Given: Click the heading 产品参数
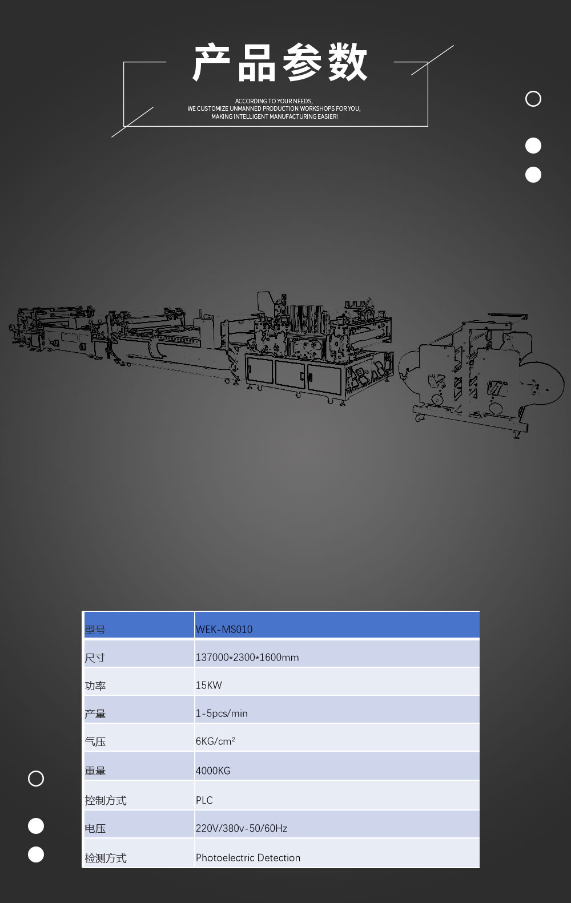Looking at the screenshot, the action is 280,62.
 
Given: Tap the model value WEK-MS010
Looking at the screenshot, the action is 224,629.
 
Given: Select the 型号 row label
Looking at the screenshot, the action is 95,630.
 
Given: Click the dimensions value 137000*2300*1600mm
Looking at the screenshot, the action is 247,658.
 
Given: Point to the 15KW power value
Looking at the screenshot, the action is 208,686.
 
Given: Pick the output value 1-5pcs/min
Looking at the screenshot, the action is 222,713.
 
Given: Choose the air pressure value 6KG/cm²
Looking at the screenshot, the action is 215,741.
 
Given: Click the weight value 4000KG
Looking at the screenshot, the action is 213,771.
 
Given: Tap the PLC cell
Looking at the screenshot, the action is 204,800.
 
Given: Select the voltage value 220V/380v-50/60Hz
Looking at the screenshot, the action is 241,828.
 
